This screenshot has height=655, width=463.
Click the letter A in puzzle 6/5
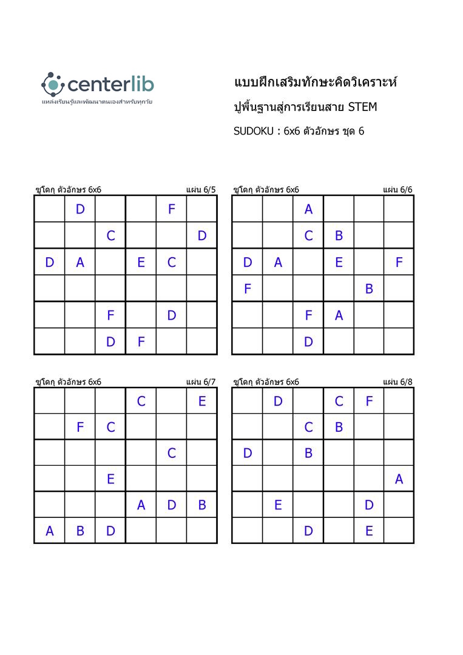80,262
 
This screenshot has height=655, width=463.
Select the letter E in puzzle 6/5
141,262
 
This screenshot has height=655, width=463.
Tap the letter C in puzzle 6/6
308,235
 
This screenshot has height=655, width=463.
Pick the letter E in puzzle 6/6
339,262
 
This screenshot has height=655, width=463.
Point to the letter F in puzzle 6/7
80,427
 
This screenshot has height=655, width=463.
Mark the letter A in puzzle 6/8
399,479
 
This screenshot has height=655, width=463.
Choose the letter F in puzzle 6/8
369,401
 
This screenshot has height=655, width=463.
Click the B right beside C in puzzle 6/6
339,235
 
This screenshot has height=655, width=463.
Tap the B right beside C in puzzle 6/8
339,427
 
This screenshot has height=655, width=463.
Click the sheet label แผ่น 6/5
201,189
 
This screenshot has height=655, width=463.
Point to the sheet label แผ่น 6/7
201,381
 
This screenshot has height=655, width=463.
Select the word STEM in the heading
362,107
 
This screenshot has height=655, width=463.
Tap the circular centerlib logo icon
52,83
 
